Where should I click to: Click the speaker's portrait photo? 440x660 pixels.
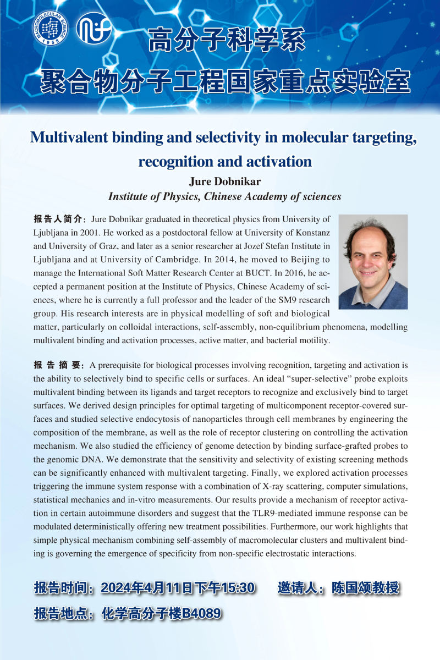[373, 262]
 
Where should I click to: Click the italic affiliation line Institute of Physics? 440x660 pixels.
[224, 196]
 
